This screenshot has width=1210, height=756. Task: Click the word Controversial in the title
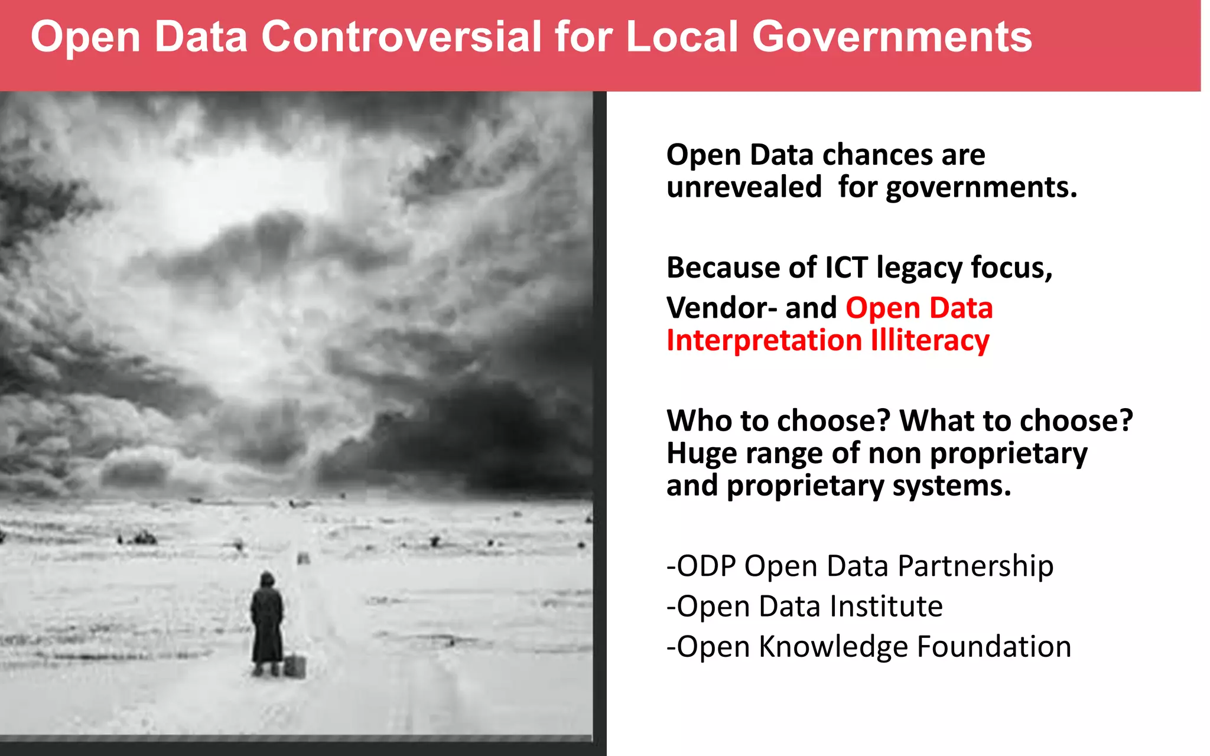point(401,37)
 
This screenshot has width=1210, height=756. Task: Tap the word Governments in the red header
point(892,37)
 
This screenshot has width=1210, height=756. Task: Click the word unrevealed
point(744,187)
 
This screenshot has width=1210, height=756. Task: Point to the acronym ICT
point(845,268)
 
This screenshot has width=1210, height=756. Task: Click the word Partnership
point(975,566)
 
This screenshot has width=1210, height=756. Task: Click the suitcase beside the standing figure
point(295,666)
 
